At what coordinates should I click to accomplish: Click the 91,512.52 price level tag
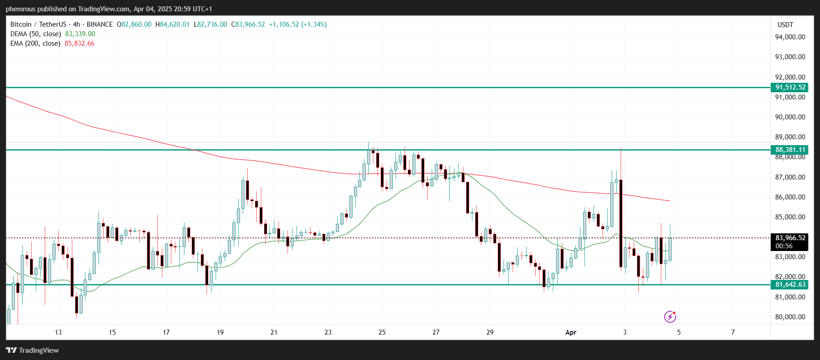[790, 87]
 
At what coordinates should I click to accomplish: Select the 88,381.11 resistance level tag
[790, 150]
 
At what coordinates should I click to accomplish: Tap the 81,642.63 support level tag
[790, 284]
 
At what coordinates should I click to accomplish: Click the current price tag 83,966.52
[790, 238]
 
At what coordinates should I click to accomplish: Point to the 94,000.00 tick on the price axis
[790, 37]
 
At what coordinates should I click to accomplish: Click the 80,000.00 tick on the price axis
[790, 317]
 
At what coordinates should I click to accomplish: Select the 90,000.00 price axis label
[790, 117]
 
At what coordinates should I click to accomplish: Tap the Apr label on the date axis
[571, 332]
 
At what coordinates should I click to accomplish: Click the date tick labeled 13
[58, 332]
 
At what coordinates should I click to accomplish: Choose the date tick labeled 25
[382, 332]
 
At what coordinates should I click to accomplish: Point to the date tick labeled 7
[733, 332]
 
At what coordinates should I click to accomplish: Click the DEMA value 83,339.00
[80, 34]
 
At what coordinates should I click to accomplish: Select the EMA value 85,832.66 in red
[80, 43]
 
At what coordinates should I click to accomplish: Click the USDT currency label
[785, 25]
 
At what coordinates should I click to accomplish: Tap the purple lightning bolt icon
[670, 317]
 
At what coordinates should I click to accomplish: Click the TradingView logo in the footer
[33, 351]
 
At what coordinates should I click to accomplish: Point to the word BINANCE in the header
[99, 24]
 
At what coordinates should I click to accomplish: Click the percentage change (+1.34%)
[314, 24]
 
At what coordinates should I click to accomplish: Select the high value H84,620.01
[172, 24]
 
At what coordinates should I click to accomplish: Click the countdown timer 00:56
[784, 246]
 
